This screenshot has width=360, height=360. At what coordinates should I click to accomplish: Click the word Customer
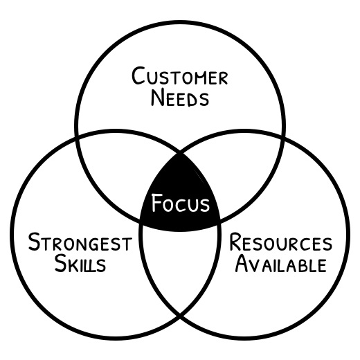coord(180,76)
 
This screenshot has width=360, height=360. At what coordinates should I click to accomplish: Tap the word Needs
coord(180,98)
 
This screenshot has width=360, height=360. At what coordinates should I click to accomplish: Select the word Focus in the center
coord(180,203)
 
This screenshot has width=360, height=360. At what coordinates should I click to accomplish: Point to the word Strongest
coord(80,242)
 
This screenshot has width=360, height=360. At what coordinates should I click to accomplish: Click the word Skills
coord(80,263)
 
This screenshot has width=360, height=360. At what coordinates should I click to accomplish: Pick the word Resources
coord(280,242)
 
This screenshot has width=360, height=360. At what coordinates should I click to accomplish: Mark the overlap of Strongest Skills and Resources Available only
coord(180,265)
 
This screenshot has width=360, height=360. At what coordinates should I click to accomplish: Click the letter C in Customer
coord(138,76)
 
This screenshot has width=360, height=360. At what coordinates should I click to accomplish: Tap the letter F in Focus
coord(156,203)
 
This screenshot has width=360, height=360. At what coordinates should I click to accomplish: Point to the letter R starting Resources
coord(235,242)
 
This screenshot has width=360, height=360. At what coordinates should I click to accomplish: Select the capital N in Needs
coord(158,98)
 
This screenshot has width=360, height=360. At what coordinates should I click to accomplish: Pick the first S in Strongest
coord(34,242)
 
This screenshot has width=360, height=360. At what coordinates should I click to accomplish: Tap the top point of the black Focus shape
coord(180,153)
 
